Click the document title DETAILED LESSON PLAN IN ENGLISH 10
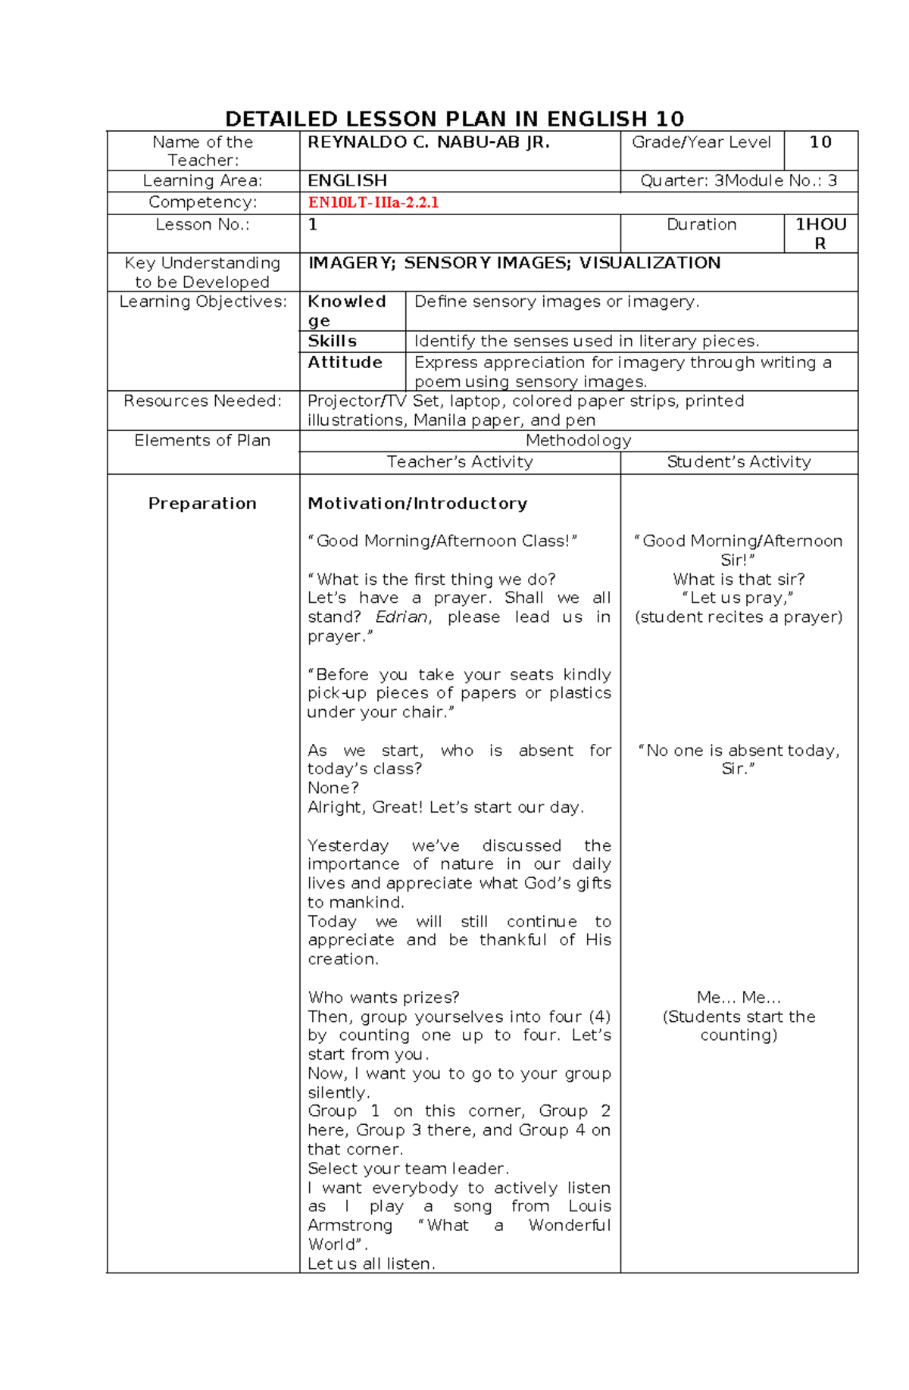tap(454, 119)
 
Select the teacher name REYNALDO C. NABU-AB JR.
tap(428, 142)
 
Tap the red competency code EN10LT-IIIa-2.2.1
tap(373, 202)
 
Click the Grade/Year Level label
tap(701, 142)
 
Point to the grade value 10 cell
tap(820, 142)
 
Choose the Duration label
tap(701, 225)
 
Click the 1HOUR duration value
tap(820, 233)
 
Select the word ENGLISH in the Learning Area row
tap(347, 181)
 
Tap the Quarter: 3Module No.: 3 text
tap(739, 181)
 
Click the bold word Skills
tap(332, 341)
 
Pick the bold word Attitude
tap(345, 362)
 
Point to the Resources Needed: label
tap(202, 401)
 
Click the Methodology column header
tap(578, 441)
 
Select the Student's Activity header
tap(739, 462)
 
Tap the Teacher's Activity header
tap(460, 462)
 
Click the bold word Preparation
tap(202, 504)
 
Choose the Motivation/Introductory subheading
tap(417, 504)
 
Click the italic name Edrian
tap(402, 617)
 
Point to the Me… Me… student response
tap(739, 998)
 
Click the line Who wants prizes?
tap(383, 998)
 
